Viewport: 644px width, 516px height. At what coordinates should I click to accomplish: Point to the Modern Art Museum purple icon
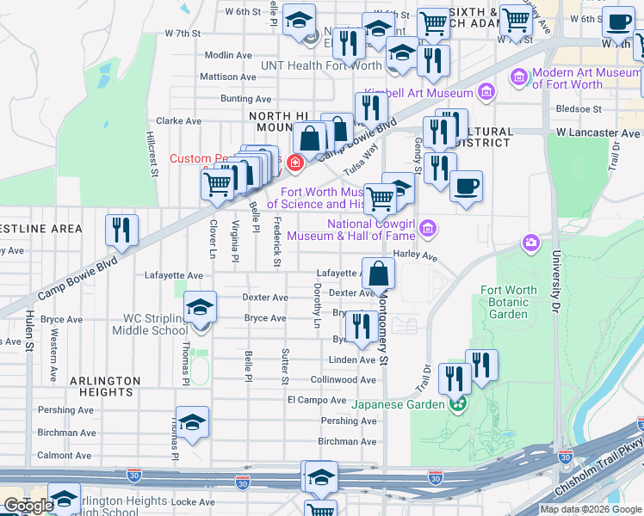click(x=519, y=78)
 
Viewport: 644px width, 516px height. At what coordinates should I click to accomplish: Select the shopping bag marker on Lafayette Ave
click(x=378, y=275)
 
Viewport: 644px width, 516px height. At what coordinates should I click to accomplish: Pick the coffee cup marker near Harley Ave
click(x=466, y=187)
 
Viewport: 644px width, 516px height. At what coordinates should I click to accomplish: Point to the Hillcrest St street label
click(x=152, y=155)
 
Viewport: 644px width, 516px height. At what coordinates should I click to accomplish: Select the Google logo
click(x=28, y=506)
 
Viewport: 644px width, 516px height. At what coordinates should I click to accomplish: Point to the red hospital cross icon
click(x=295, y=162)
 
